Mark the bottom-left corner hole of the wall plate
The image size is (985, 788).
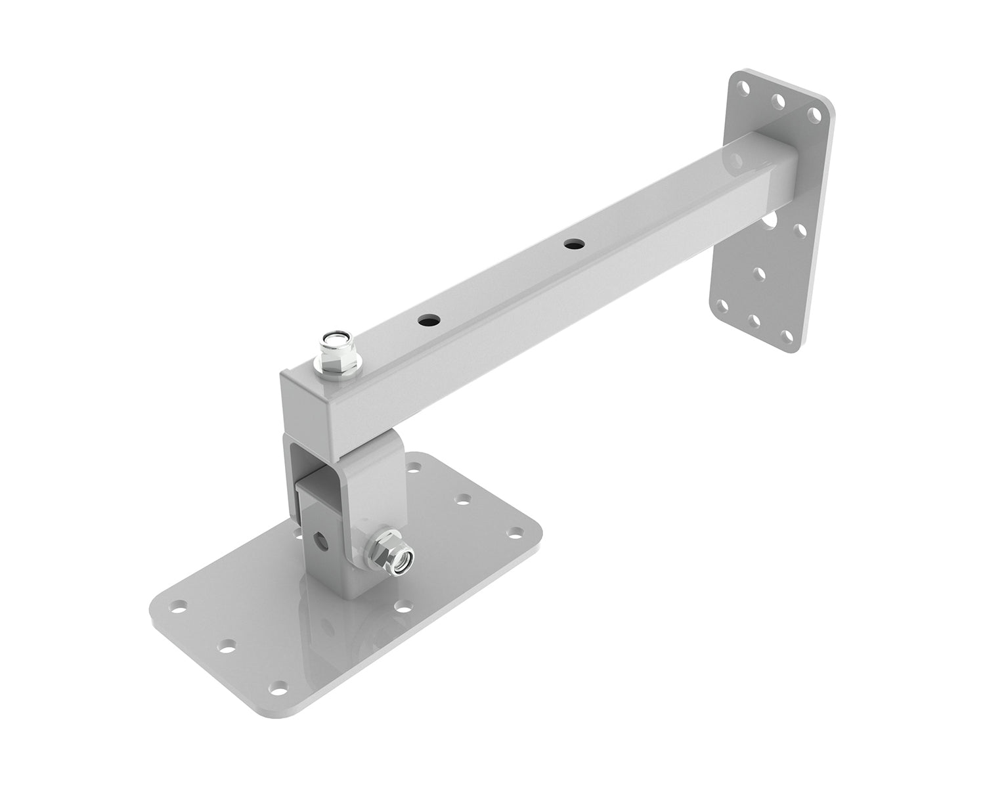(x=723, y=306)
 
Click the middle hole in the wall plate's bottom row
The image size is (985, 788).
(x=756, y=322)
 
